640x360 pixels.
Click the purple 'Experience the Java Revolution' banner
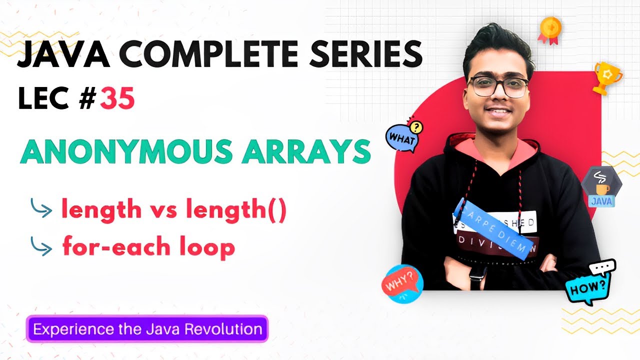point(147,329)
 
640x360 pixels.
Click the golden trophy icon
point(606,78)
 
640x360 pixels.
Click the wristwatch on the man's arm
point(476,273)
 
